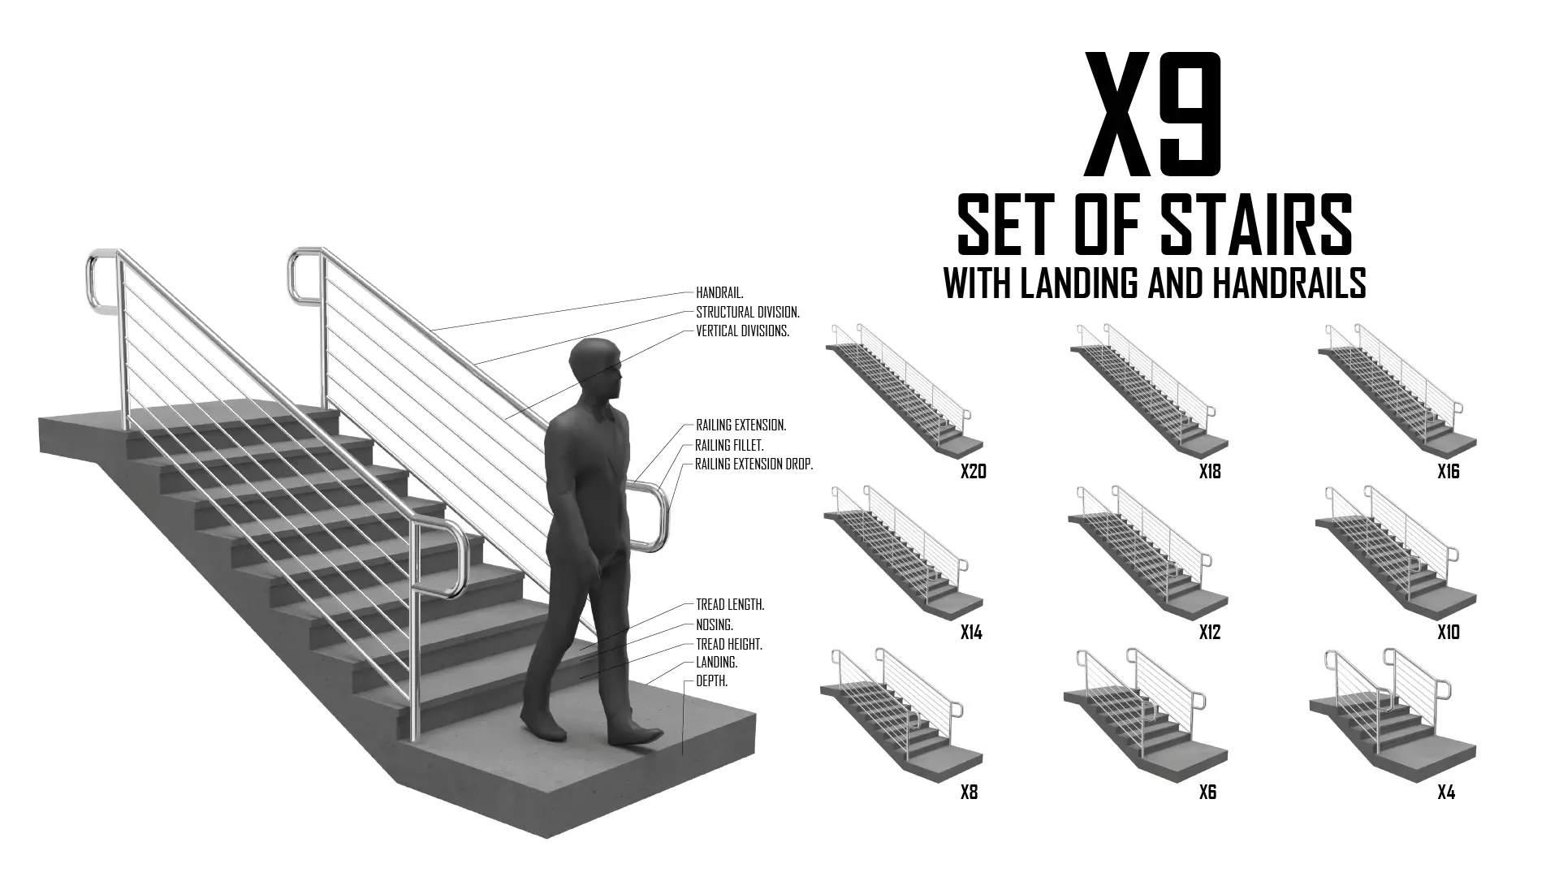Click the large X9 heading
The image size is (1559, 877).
[x=1154, y=115]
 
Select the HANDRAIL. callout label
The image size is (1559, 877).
[x=719, y=292]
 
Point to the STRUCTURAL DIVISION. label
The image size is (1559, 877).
[x=748, y=312]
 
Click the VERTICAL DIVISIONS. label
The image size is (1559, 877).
[x=742, y=331]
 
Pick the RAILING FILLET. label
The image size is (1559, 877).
[x=729, y=446]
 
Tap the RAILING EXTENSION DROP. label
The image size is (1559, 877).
[x=754, y=464]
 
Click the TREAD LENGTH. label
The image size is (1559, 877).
[x=730, y=605]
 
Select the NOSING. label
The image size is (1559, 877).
[x=715, y=625]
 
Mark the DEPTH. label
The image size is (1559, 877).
[x=711, y=682]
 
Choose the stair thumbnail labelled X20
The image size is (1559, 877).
[x=904, y=390]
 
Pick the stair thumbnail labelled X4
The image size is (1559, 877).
[x=1393, y=712]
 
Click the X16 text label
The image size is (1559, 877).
[x=1449, y=472]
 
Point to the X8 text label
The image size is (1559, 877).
[x=969, y=793]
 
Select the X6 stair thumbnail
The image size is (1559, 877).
[x=1146, y=712]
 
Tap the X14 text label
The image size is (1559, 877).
[x=971, y=633]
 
